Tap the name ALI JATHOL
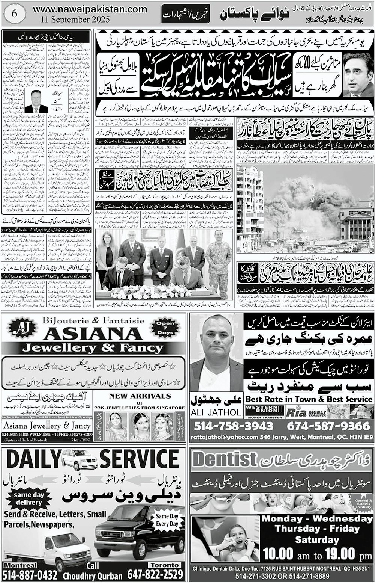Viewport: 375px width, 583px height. pos(216,412)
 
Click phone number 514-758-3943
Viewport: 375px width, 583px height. pos(234,426)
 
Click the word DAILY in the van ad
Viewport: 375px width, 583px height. pos(33,460)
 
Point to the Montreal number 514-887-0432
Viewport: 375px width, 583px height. pos(30,575)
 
